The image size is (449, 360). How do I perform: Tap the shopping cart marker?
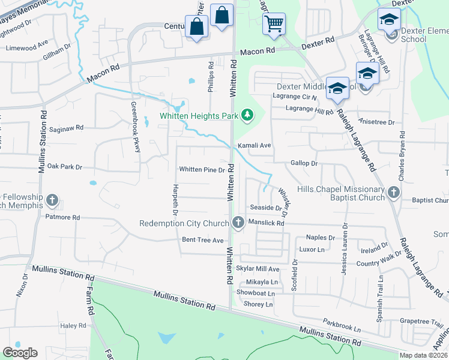pos(274,24)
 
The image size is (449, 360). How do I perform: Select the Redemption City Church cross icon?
pos(238,223)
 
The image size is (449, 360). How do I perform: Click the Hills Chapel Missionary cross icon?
pos(394,193)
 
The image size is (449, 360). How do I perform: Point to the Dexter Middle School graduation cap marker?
pos(337,88)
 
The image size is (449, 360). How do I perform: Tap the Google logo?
pos(20,353)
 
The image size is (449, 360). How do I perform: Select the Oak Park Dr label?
pos(64,166)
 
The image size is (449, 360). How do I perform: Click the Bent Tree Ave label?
pos(202,240)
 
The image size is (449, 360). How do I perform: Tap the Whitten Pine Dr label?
pos(202,170)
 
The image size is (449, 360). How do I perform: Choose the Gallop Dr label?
pos(303,163)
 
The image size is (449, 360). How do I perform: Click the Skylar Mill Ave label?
pos(258,269)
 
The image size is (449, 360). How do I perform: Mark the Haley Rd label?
pos(74,326)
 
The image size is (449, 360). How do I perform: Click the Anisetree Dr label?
pos(378,122)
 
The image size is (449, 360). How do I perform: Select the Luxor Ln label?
pos(312,249)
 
